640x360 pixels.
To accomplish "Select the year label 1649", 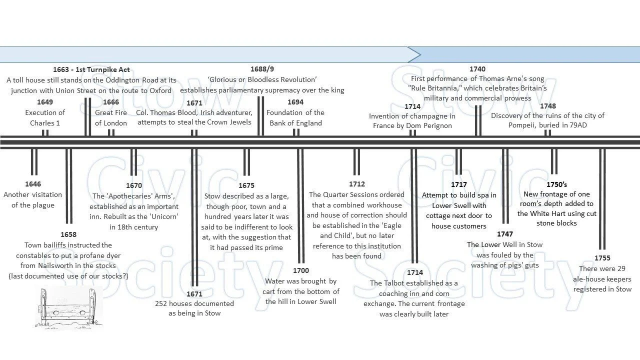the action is click(45, 102).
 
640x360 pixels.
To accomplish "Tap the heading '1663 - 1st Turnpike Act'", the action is click(91, 69).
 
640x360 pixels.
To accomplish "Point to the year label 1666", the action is click(111, 102).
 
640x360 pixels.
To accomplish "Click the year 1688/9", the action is click(262, 69).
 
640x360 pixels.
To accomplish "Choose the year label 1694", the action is click(295, 102).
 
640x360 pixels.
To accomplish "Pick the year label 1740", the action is click(477, 69).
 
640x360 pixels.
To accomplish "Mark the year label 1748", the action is click(548, 105).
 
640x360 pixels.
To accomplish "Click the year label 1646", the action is click(33, 184).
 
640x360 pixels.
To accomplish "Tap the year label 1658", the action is click(68, 234).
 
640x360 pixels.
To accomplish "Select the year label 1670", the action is click(134, 185).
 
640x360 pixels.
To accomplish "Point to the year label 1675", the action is click(246, 185).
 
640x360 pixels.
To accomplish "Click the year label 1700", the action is click(301, 270).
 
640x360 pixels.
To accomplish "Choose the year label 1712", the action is click(357, 184).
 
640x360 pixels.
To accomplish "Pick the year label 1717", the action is click(459, 184).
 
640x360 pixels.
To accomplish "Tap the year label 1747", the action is click(505, 234).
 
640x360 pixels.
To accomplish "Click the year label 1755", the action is click(602, 258).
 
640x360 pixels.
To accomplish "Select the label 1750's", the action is click(556, 184).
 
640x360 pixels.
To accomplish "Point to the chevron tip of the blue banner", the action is click(420, 54).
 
